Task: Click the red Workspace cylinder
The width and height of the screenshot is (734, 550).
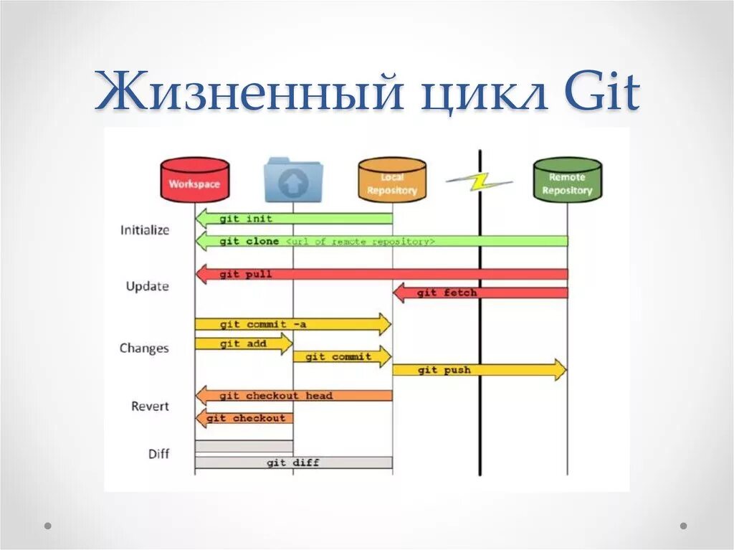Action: tap(194, 180)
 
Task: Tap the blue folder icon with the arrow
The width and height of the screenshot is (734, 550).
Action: tap(292, 181)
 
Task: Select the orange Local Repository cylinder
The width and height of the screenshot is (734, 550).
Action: tap(392, 180)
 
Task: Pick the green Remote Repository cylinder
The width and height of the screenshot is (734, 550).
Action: tap(567, 180)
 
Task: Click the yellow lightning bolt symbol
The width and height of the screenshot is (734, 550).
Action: tap(477, 181)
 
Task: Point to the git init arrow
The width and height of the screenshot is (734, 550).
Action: tap(294, 218)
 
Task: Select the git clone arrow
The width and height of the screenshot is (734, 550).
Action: tap(380, 242)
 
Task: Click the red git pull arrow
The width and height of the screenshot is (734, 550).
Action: tap(380, 274)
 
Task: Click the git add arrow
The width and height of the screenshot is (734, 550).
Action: tap(243, 343)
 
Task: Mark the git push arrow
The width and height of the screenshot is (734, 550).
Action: tap(479, 370)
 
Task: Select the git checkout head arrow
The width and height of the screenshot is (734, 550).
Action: tap(294, 395)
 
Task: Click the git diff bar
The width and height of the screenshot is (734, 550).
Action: tap(293, 463)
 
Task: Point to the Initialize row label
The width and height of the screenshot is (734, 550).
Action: tap(145, 230)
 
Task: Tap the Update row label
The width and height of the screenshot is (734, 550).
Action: tap(147, 286)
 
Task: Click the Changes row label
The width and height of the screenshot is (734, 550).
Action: tap(144, 348)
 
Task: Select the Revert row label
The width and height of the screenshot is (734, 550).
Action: tap(150, 406)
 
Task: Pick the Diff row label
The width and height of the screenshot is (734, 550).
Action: tap(159, 453)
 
